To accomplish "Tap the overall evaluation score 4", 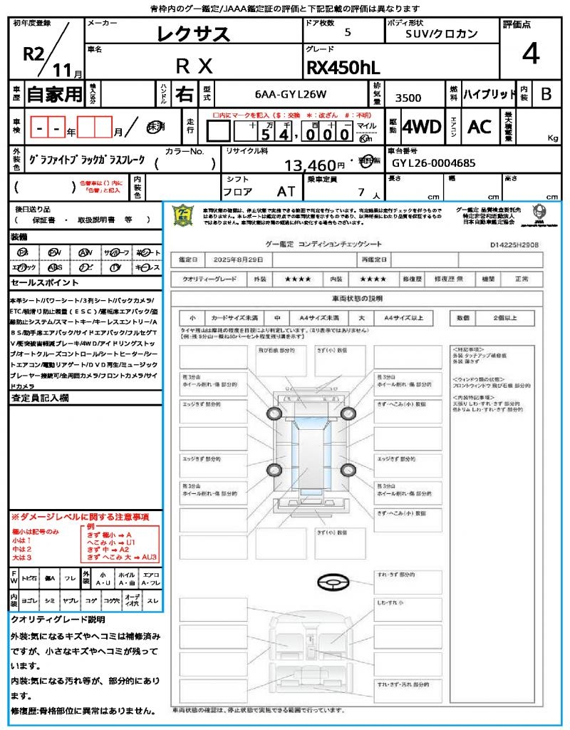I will coord(529,53).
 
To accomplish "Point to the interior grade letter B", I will coord(546,94).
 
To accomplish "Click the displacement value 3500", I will coord(408,98).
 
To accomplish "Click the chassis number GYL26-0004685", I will coord(433,163).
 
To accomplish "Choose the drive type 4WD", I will coord(422,127).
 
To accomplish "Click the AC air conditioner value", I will coord(480,127).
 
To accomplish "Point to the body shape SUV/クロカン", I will coord(442,34).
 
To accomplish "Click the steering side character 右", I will coord(185,94).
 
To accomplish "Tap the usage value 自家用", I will coord(55,94).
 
